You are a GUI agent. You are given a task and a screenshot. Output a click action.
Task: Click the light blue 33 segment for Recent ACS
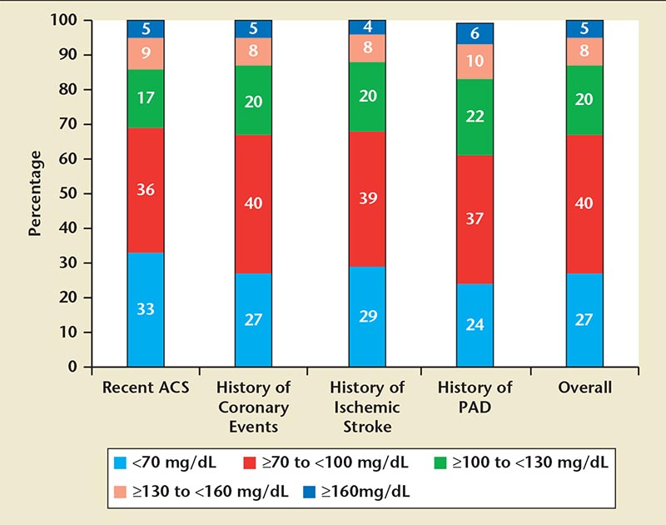[146, 309]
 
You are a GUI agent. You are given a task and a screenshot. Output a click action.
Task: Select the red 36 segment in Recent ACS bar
[146, 189]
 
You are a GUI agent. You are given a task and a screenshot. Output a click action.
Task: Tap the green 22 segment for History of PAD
[475, 117]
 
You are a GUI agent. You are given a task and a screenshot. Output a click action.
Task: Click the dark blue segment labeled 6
[475, 33]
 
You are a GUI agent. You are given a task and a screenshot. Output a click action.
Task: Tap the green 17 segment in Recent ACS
[146, 98]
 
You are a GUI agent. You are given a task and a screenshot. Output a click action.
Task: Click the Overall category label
[584, 387]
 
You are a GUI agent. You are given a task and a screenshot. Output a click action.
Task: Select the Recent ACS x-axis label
[146, 387]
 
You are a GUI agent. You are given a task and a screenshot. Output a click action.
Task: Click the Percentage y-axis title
[35, 193]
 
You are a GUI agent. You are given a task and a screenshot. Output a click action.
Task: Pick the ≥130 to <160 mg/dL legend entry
[183, 491]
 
